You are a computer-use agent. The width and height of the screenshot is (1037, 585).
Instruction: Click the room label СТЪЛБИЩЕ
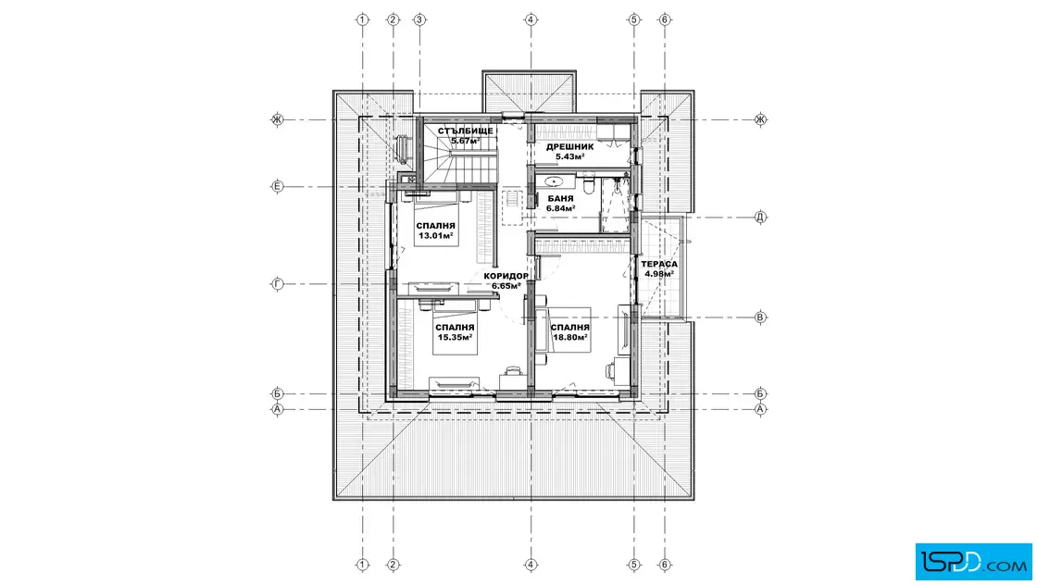(x=465, y=131)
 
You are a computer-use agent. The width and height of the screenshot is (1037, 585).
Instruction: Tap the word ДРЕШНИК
(x=569, y=147)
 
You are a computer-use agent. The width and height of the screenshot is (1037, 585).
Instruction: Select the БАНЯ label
(x=560, y=198)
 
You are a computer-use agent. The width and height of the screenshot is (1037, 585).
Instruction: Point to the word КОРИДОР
(x=506, y=276)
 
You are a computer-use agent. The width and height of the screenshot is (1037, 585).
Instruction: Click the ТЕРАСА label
(x=658, y=264)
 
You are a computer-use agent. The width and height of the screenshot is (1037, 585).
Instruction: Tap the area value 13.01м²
(x=436, y=235)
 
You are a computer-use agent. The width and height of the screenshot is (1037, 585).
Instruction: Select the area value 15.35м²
(x=455, y=337)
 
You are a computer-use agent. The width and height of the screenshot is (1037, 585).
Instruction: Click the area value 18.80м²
(x=569, y=337)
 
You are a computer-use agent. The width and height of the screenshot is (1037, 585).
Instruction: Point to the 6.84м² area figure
(x=560, y=208)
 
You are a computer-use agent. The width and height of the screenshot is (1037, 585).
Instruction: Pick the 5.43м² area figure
(x=569, y=156)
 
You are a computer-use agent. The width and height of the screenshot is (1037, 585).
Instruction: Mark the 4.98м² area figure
(x=659, y=274)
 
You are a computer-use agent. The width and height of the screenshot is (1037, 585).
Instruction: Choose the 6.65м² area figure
(x=506, y=286)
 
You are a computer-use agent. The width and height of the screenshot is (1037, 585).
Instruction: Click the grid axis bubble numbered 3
(x=419, y=19)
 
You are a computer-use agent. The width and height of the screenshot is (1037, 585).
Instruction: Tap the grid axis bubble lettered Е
(x=278, y=186)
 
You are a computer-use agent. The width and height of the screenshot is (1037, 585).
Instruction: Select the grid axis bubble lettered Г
(x=278, y=284)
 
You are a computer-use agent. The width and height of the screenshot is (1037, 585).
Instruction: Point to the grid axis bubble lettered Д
(x=760, y=217)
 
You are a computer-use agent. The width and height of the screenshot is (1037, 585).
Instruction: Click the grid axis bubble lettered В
(x=760, y=317)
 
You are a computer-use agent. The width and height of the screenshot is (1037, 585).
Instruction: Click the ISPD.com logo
(x=973, y=562)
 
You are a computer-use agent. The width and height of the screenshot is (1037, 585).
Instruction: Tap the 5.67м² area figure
(x=465, y=141)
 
